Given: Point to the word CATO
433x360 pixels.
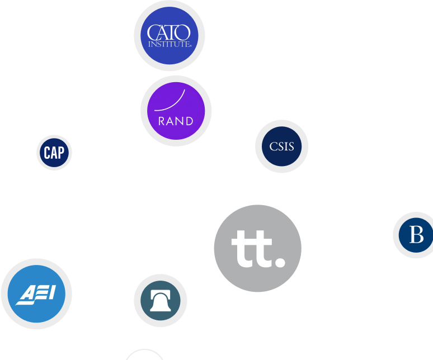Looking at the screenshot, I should click(168, 32).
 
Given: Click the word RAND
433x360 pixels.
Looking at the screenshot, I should click(176, 121).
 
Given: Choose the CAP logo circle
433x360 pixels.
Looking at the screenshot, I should click(54, 152).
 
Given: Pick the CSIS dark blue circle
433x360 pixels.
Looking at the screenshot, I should click(281, 146).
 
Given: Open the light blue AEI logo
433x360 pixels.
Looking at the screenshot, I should click(36, 293).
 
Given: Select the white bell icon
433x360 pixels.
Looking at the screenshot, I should click(161, 301).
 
